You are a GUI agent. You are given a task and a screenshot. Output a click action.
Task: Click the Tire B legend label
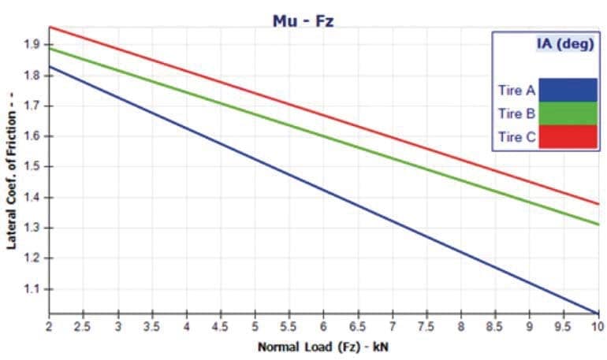point(516,113)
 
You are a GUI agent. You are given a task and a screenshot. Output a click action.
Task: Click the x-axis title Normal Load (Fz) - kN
point(324,346)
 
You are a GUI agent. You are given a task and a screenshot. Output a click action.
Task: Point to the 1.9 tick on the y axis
point(32,45)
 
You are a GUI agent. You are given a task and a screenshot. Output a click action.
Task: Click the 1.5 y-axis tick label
point(32,167)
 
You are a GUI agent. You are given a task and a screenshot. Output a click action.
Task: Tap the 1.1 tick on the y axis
point(32,289)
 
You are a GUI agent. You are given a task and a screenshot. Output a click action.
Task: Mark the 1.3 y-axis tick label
point(32,228)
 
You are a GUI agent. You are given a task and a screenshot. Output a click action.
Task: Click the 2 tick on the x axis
point(49,325)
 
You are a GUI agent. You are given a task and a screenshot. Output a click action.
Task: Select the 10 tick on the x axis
point(597,325)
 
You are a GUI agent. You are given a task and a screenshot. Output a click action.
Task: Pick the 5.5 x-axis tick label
point(289,325)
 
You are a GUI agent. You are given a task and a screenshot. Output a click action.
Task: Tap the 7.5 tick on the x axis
point(426,325)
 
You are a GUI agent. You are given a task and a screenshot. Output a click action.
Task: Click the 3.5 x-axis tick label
point(151,325)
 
